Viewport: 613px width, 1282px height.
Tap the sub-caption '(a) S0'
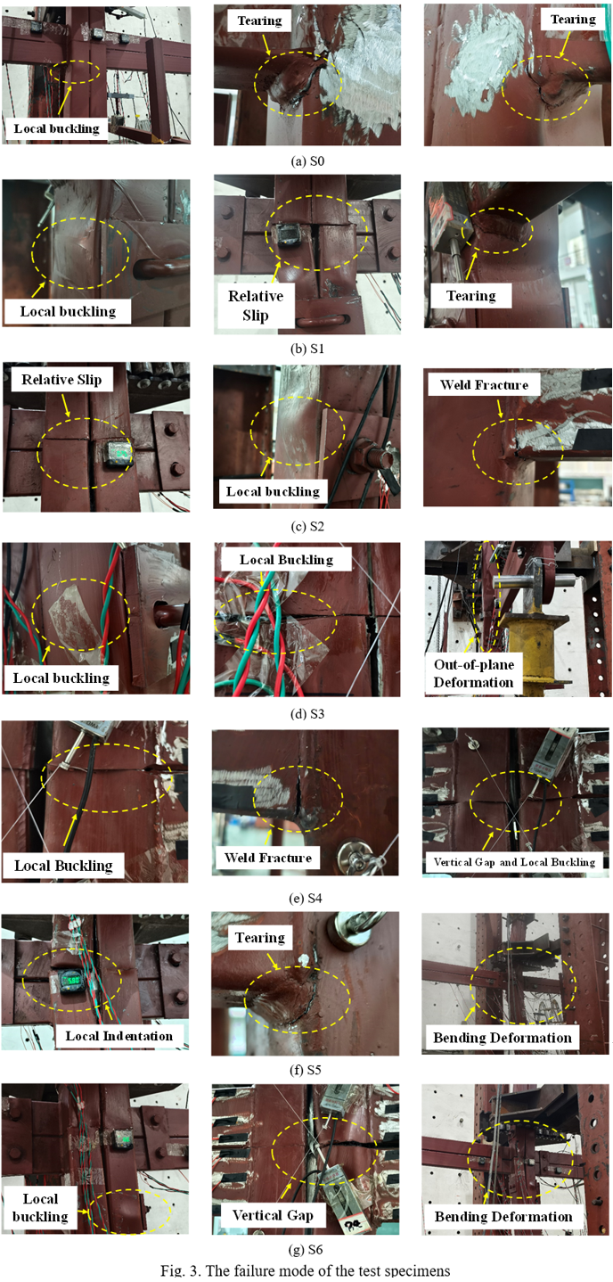click(x=307, y=161)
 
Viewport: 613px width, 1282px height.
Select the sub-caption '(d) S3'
click(x=307, y=714)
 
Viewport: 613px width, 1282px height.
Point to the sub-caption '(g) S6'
click(x=306, y=1249)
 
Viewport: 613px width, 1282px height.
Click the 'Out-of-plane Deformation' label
click(x=473, y=673)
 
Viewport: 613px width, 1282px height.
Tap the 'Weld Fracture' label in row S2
click(x=484, y=384)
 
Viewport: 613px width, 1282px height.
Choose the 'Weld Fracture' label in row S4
click(x=267, y=858)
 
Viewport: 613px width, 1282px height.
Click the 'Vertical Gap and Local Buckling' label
click(x=514, y=862)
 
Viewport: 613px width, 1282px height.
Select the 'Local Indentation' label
click(x=119, y=1036)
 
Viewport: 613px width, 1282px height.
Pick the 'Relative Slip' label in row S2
click(x=61, y=380)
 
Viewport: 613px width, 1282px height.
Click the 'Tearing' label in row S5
click(x=259, y=938)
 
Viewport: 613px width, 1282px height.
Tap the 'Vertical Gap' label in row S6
click(x=272, y=1216)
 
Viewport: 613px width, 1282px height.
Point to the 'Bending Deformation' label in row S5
click(x=502, y=1038)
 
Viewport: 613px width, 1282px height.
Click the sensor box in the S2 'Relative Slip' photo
click(x=117, y=455)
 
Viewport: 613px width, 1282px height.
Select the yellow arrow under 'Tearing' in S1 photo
click(x=471, y=266)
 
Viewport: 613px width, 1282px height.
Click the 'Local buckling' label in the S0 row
click(x=56, y=128)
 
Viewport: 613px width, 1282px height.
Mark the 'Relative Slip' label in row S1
click(x=255, y=306)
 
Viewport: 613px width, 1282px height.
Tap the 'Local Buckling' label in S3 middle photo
click(x=286, y=559)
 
